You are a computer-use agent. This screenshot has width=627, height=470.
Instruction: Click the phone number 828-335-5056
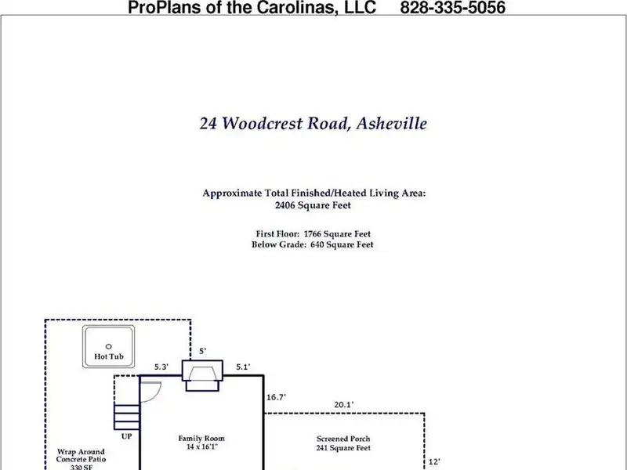click(x=451, y=9)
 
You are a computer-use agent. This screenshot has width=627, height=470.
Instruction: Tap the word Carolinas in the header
click(x=285, y=9)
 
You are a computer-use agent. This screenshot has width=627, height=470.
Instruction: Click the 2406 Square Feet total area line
click(x=313, y=206)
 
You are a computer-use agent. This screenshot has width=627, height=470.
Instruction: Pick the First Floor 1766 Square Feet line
click(x=313, y=233)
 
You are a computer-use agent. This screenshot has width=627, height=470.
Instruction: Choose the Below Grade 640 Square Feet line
click(x=313, y=245)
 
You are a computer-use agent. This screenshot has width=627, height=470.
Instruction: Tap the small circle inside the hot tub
click(x=109, y=345)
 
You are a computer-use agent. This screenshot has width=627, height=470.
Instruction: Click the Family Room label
click(x=201, y=439)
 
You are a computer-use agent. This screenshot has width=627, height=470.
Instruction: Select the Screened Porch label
click(x=342, y=439)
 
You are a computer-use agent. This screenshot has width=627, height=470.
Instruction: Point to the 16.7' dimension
click(x=276, y=398)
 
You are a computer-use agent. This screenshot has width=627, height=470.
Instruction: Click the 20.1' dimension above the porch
click(x=343, y=405)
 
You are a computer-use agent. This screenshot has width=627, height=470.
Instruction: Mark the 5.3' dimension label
click(x=162, y=367)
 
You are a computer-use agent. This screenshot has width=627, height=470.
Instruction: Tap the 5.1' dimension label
click(x=245, y=367)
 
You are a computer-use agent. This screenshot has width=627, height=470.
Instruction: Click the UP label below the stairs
click(x=126, y=436)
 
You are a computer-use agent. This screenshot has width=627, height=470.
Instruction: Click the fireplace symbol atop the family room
click(x=202, y=376)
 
